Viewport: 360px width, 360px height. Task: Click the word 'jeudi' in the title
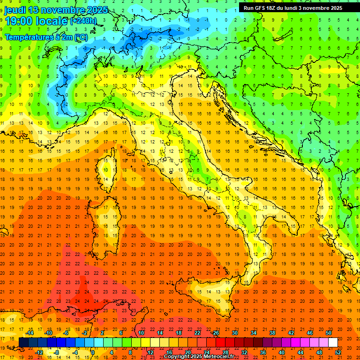point(15,10)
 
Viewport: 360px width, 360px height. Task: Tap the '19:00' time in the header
point(18,21)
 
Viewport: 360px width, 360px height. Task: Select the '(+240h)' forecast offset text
point(83,21)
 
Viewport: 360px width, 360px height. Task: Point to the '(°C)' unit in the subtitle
point(80,37)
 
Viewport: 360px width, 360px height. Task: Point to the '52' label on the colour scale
point(338,352)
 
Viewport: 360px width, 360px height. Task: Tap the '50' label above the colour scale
point(328,333)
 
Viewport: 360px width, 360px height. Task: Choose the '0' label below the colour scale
point(93,352)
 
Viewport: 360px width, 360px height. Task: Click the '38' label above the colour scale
point(272,333)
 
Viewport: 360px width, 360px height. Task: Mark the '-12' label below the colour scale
point(39,352)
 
